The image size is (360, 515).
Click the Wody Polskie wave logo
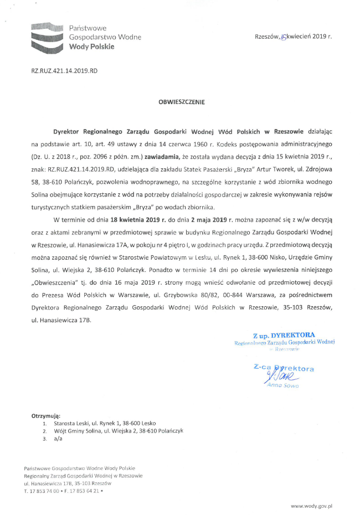47,38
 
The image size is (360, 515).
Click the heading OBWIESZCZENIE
182,102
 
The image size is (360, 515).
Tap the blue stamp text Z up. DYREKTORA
284,336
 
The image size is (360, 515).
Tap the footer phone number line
63,491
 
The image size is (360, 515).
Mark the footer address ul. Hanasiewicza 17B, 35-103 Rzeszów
68,483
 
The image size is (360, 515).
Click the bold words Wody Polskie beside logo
91,47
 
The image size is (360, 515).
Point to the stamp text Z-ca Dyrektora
284,368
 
